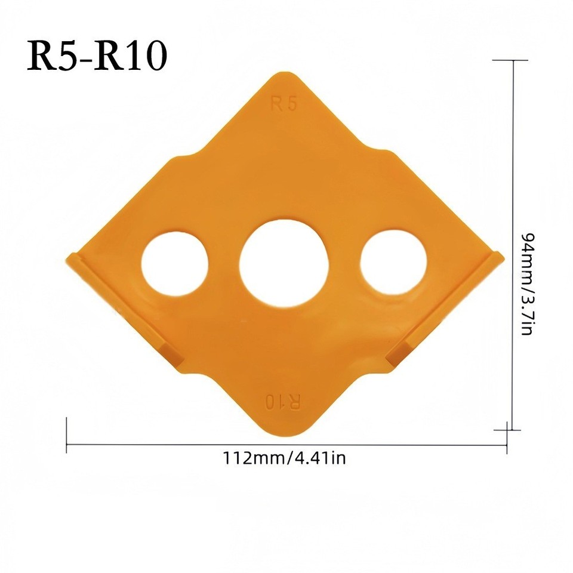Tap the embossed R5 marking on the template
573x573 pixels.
[284, 104]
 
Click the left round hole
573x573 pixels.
[175, 263]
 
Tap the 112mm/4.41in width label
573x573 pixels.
[284, 458]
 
